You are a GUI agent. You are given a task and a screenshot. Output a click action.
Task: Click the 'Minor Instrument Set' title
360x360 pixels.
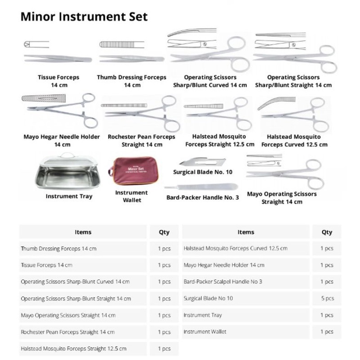tap(84, 17)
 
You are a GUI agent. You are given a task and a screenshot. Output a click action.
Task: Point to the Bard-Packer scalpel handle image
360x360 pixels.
tap(203, 187)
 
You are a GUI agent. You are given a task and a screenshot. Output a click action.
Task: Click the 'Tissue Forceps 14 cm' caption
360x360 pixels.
tap(58, 81)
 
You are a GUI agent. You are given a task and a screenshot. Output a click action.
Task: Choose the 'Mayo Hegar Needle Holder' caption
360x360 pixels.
tap(62, 140)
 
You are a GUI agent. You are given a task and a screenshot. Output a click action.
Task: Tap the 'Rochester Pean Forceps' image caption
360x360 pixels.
tap(142, 140)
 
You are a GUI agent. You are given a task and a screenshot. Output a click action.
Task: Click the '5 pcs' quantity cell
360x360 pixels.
tap(327, 298)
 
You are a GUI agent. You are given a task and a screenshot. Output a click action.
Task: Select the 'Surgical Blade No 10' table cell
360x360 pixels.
tap(208, 298)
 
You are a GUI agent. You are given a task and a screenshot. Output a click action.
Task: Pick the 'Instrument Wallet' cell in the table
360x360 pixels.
tap(205, 331)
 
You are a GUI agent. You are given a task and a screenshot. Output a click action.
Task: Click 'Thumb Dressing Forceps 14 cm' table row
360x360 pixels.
tap(58, 249)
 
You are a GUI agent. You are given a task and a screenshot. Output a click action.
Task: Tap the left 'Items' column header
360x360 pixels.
tap(83, 232)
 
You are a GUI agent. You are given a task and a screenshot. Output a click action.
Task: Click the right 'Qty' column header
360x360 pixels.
tap(327, 232)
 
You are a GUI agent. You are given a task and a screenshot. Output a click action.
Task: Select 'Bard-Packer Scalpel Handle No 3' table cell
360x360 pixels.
tap(223, 282)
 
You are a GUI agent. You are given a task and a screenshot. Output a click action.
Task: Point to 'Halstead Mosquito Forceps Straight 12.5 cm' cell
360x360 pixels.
tap(74, 349)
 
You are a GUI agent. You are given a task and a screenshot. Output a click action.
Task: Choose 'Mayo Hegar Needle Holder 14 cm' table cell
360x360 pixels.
tap(224, 265)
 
